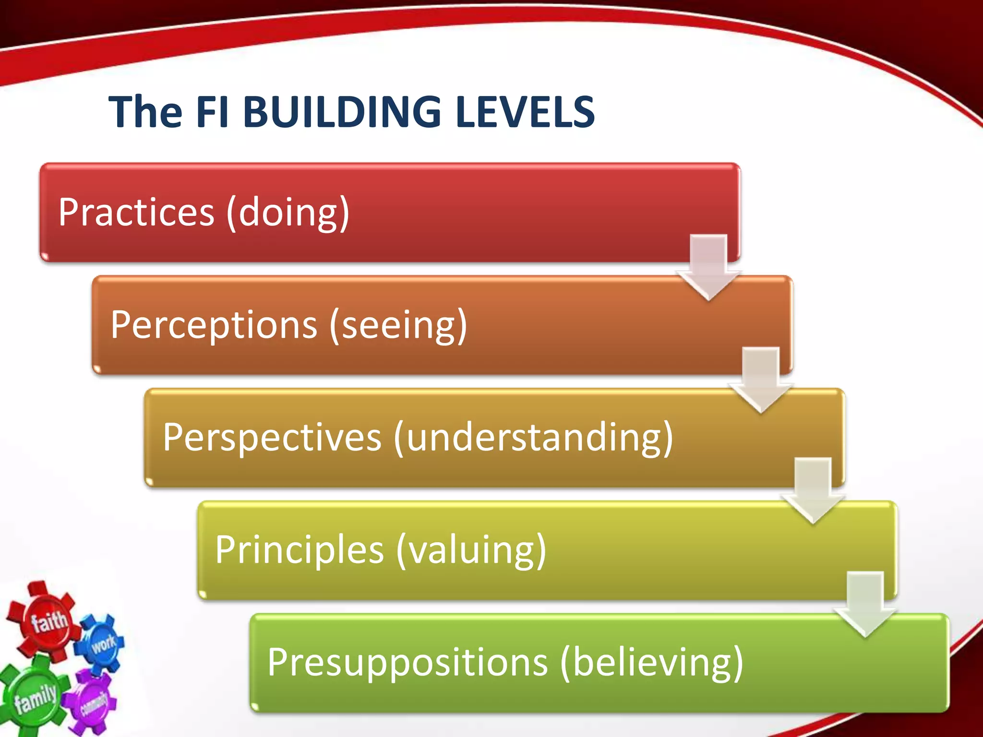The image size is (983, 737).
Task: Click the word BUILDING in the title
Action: click(x=342, y=111)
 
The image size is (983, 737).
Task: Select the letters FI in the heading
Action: click(x=212, y=111)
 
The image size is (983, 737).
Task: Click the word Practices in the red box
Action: click(x=136, y=212)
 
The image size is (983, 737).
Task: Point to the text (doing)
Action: click(x=288, y=212)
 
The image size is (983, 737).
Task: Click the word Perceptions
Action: click(x=214, y=325)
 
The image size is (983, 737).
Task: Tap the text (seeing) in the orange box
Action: click(x=398, y=325)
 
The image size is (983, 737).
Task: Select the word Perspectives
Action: click(x=272, y=438)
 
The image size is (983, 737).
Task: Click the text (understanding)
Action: click(x=533, y=438)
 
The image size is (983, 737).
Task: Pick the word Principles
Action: click(x=299, y=550)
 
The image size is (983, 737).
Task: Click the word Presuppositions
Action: click(x=408, y=662)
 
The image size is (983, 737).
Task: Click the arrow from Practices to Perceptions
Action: click(x=709, y=266)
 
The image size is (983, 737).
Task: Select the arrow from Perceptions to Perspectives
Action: click(x=761, y=379)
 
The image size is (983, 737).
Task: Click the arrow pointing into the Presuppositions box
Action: click(x=865, y=604)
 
